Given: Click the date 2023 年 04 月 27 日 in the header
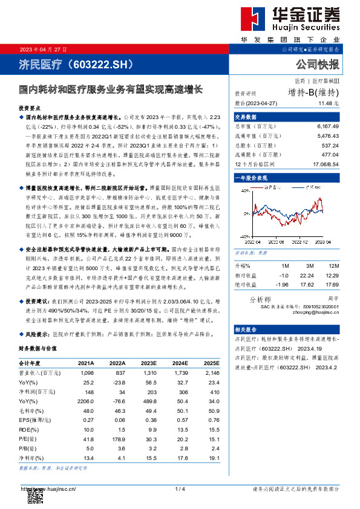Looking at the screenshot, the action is click(x=41, y=49).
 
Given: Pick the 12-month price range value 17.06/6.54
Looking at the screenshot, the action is click(x=324, y=164).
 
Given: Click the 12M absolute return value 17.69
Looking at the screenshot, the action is click(x=332, y=284).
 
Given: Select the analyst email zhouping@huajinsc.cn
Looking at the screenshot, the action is click(x=319, y=313).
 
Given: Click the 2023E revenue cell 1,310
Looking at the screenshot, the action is click(x=150, y=374).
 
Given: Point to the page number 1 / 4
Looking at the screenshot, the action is click(x=180, y=488).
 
